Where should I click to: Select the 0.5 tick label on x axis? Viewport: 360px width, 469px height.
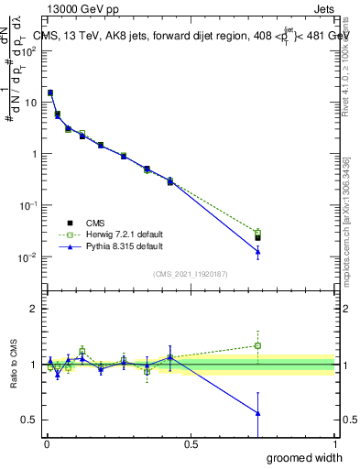(x=191, y=444)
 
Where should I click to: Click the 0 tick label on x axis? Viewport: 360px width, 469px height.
(x=46, y=444)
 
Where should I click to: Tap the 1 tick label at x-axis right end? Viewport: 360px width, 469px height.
(x=334, y=444)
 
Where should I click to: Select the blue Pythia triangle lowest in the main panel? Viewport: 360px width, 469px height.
(x=257, y=251)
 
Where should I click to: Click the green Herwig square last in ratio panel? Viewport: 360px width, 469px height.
(x=257, y=345)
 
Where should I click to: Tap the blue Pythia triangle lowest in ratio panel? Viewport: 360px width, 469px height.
(x=257, y=413)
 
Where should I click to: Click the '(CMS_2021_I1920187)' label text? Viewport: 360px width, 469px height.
(x=190, y=273)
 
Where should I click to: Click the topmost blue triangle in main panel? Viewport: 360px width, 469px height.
(x=50, y=93)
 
